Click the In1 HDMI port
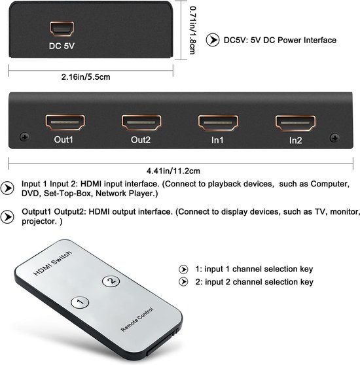point(217,122)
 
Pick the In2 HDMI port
point(295,122)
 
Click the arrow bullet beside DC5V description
point(213,40)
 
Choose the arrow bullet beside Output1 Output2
point(9,216)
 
